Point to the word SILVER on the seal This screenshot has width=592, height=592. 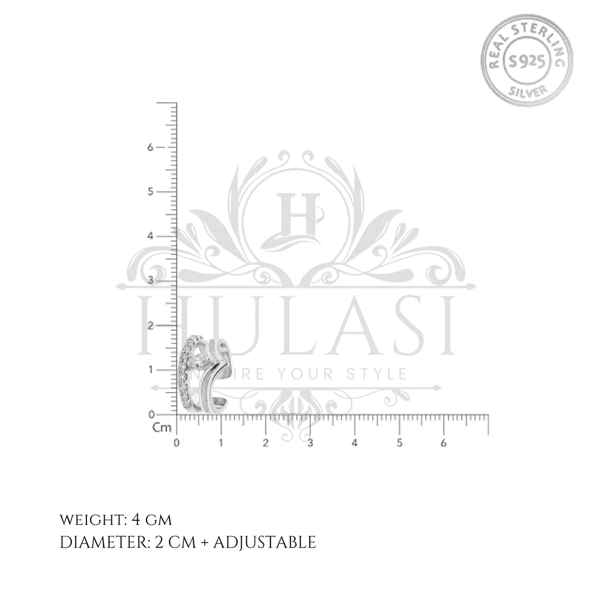tap(528, 91)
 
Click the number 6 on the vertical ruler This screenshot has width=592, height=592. tap(150, 147)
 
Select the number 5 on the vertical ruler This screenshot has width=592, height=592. tap(150, 192)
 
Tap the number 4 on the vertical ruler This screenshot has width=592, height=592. tap(150, 236)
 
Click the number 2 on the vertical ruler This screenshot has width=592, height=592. tap(150, 325)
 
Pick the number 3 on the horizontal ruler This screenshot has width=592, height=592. tap(310, 443)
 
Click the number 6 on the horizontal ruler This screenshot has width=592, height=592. tap(444, 443)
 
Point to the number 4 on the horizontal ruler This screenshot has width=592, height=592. tap(355, 443)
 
